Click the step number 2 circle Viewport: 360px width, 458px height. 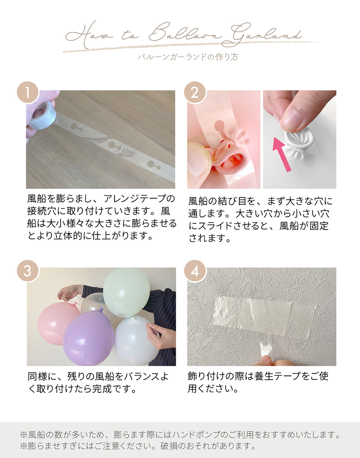pos(195,92)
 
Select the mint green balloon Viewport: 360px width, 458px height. pos(126,291)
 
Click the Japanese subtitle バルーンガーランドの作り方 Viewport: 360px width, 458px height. pos(188,57)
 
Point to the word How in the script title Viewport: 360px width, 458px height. pos(90,35)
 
